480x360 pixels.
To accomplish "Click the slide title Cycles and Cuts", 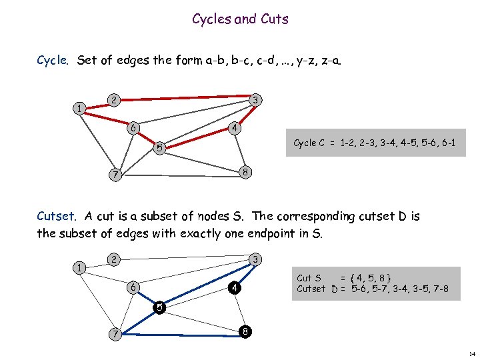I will [x=240, y=19].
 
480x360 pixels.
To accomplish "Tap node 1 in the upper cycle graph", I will [x=79, y=109].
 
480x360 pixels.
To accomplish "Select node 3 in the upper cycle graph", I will [x=255, y=100].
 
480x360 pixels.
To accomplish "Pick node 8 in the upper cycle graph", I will [x=245, y=171].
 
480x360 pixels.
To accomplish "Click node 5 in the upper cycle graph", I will [x=158, y=147].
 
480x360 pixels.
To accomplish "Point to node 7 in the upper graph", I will [x=115, y=175].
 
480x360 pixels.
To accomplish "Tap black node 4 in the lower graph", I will [x=233, y=288].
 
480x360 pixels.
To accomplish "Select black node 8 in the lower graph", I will [x=245, y=331].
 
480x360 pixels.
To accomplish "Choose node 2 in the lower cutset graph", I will [x=114, y=259].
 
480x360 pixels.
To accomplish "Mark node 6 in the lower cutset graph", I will [x=133, y=287].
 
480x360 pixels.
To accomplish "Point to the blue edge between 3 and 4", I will [x=244, y=274].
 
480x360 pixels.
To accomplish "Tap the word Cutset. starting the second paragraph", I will [x=57, y=217].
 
